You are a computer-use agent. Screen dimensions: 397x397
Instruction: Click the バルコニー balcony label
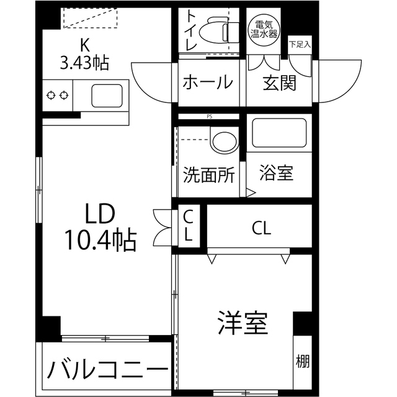pyautogui.click(x=107, y=372)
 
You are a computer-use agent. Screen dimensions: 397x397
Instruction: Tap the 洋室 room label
pyautogui.click(x=242, y=323)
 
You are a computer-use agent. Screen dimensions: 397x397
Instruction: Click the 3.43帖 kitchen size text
pyautogui.click(x=84, y=62)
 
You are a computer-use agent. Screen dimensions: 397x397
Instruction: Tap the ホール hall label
pyautogui.click(x=207, y=83)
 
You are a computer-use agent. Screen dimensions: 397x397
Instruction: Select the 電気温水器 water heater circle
pyautogui.click(x=263, y=29)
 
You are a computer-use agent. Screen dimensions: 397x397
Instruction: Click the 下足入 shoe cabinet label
pyautogui.click(x=300, y=44)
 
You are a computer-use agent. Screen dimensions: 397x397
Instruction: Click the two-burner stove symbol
pyautogui.click(x=57, y=96)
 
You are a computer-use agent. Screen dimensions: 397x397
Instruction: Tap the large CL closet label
pyautogui.click(x=261, y=228)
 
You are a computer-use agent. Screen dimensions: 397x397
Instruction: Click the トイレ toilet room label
pyautogui.click(x=189, y=31)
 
